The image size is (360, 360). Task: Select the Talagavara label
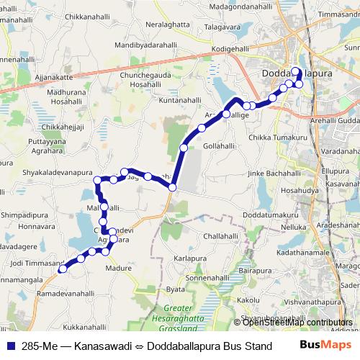tap(222, 28)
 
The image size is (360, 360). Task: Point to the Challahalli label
tap(220, 235)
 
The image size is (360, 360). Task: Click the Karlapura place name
tap(191, 258)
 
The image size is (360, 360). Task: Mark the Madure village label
tap(119, 268)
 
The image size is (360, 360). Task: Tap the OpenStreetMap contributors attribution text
tap(298, 322)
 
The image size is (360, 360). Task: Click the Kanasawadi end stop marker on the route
tap(63, 269)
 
